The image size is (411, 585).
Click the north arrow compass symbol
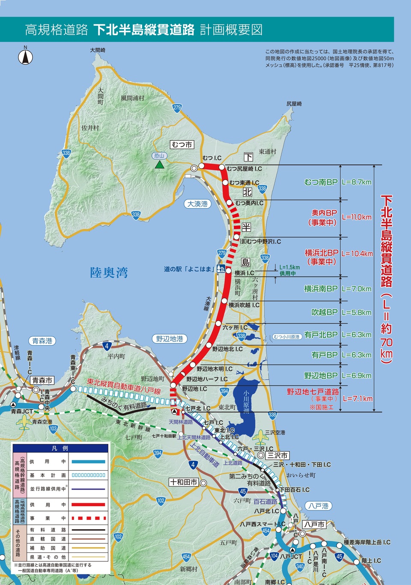pyautogui.click(x=26, y=57)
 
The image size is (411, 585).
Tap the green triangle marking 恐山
pyautogui.click(x=160, y=164)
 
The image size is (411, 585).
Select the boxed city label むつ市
pyautogui.click(x=182, y=145)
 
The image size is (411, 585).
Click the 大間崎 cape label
pyautogui.click(x=98, y=50)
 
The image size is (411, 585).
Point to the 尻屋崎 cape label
pyautogui.click(x=294, y=104)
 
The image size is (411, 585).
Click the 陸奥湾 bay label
pyautogui.click(x=109, y=273)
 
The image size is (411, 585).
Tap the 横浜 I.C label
pyautogui.click(x=244, y=273)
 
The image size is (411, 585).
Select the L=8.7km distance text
pyautogui.click(x=357, y=182)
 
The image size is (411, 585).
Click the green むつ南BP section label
pyautogui.click(x=321, y=182)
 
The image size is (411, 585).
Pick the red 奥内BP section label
pyautogui.click(x=324, y=213)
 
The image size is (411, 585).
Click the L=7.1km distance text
pyautogui.click(x=357, y=399)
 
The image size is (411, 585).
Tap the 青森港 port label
pyautogui.click(x=42, y=341)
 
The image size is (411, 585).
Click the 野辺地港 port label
pyautogui.click(x=170, y=339)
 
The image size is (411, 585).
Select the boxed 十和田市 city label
pyautogui.click(x=184, y=482)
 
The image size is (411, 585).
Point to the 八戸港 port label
pyautogui.click(x=319, y=506)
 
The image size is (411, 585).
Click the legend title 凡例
pyautogui.click(x=60, y=448)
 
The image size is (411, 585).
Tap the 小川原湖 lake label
pyautogui.click(x=246, y=401)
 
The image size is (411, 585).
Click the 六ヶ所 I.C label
pyautogui.click(x=235, y=327)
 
